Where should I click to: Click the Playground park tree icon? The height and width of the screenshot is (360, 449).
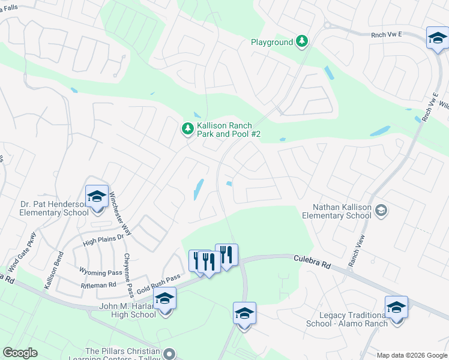(303, 41)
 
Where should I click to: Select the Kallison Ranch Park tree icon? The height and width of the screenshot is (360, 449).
(188, 128)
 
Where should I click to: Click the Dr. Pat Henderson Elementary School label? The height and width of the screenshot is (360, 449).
(45, 208)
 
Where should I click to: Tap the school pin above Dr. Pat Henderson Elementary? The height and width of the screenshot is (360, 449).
(96, 197)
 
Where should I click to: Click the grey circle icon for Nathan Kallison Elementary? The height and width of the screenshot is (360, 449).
(382, 211)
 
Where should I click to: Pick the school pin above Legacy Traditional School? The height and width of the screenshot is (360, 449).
(396, 308)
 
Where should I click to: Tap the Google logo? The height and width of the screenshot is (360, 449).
(20, 353)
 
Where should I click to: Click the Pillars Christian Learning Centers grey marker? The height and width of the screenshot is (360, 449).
(170, 354)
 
